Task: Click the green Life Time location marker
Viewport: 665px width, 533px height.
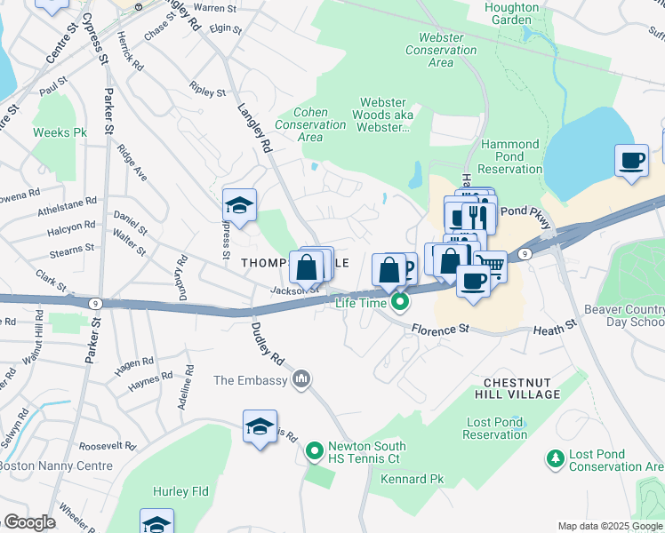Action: click(x=400, y=303)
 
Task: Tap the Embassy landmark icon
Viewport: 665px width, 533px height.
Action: click(x=301, y=380)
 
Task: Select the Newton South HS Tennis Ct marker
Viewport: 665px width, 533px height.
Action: click(x=314, y=452)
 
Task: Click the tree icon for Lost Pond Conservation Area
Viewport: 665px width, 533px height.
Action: click(x=556, y=458)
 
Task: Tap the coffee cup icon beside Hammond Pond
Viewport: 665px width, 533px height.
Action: click(x=632, y=161)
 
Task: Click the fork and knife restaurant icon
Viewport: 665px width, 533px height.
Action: click(x=479, y=216)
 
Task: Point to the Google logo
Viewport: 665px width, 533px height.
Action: click(x=28, y=522)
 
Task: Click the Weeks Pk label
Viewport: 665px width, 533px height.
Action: click(x=60, y=132)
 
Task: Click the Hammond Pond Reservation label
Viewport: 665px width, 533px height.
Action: click(x=509, y=156)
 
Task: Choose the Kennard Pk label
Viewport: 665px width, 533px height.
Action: click(x=412, y=479)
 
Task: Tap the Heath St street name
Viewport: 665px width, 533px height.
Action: click(x=556, y=330)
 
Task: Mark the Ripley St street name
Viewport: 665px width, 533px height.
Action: click(x=208, y=91)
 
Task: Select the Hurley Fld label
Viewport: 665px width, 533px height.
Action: click(x=180, y=490)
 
